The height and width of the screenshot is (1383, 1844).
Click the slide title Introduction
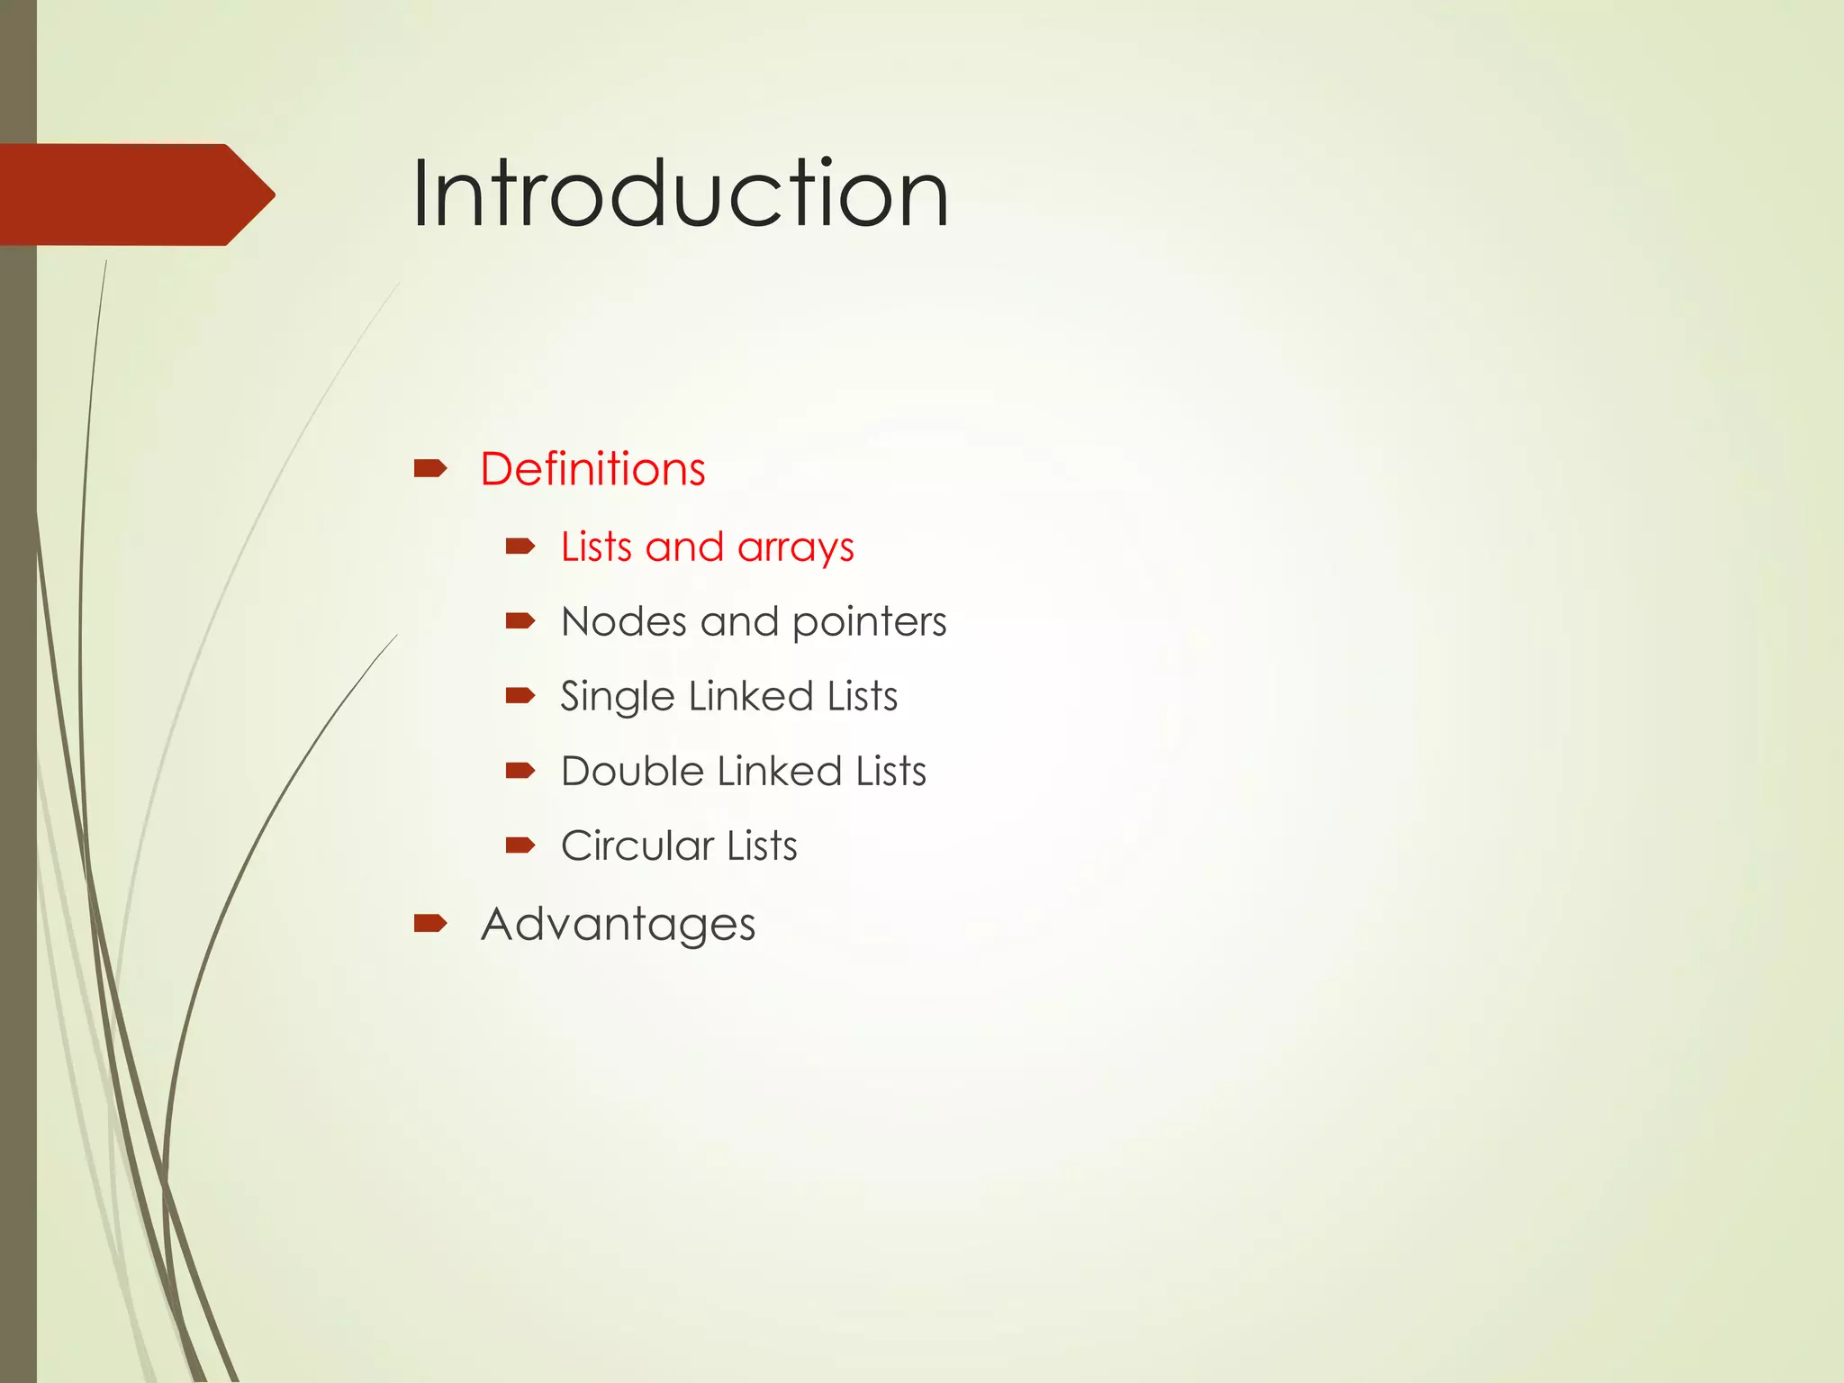680,194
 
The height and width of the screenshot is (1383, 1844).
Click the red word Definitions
592,469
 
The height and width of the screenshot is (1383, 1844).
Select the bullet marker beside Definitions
430,468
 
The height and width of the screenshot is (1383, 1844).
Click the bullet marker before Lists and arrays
520,546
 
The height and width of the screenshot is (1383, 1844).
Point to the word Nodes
623,621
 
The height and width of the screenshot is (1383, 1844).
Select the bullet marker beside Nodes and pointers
520,620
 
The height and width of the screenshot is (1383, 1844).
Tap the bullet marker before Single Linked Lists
520,695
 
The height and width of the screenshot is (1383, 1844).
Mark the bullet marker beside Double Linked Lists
520,770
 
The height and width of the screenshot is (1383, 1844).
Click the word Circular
637,845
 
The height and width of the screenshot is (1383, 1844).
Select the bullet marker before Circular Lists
520,845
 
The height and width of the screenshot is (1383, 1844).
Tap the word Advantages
618,925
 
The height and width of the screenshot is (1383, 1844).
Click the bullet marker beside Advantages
430,923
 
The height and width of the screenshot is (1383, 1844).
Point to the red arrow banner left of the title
135,194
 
